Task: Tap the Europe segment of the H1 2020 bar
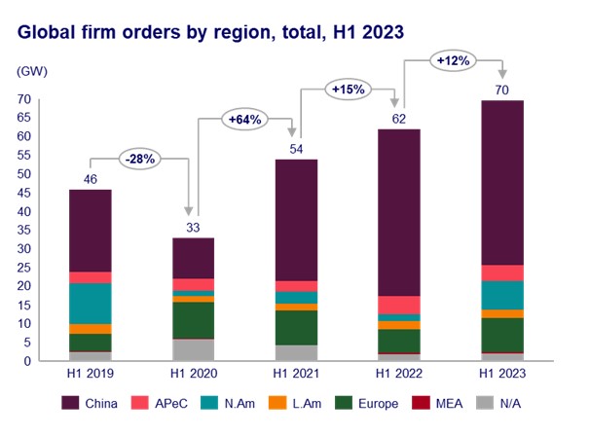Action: pyautogui.click(x=194, y=320)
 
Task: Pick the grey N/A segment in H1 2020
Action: pyautogui.click(x=194, y=349)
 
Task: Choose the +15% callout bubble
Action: pyautogui.click(x=349, y=91)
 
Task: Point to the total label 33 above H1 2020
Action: pyautogui.click(x=194, y=227)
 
